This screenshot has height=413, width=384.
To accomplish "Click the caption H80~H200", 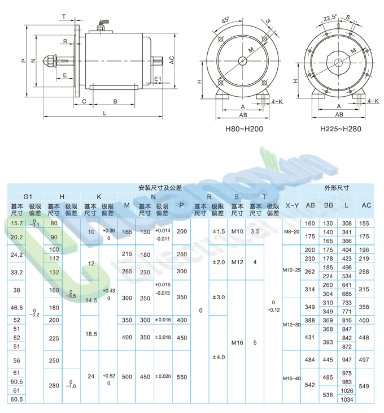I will [244, 129].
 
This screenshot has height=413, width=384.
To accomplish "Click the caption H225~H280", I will [341, 129].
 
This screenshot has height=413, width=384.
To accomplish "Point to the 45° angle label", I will [226, 20].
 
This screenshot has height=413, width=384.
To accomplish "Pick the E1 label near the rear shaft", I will [158, 79].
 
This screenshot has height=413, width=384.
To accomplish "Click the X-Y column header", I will [291, 205].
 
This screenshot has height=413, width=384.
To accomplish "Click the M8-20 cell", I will [291, 232].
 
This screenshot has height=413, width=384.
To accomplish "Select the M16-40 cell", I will [291, 378].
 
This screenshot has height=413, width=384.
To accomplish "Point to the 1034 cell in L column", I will [347, 399].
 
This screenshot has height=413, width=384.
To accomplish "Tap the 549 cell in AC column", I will [365, 386].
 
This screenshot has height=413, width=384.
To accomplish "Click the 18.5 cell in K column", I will [90, 335].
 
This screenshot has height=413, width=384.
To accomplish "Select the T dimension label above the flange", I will [64, 16].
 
